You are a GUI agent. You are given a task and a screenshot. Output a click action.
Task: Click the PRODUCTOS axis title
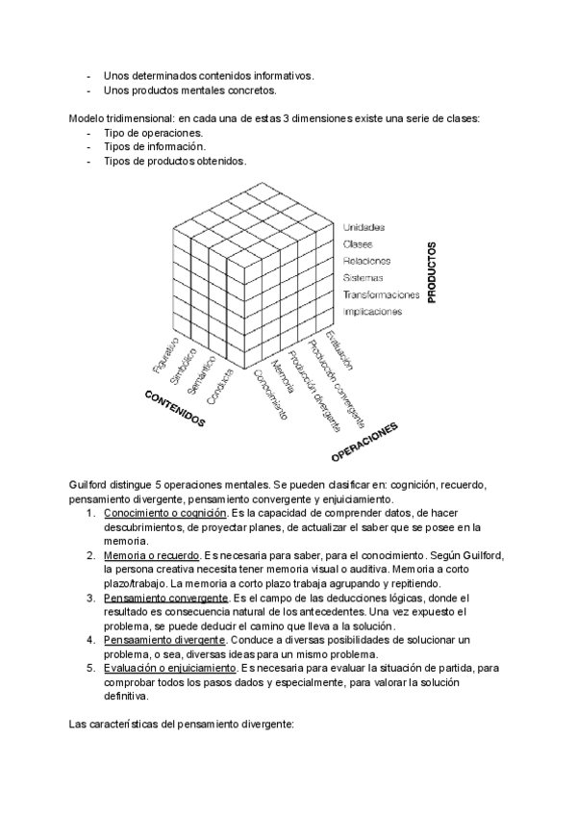click(431, 272)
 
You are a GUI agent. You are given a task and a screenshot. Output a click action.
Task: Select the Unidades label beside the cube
click(364, 227)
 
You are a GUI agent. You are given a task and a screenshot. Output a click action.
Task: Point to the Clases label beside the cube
click(359, 244)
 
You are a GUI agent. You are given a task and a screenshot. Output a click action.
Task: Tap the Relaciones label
click(366, 261)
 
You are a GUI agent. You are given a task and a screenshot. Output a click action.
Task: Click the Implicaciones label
click(372, 312)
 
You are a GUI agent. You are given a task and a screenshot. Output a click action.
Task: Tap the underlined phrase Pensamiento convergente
click(164, 598)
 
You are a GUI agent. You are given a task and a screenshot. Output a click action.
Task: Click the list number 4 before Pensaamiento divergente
click(90, 639)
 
